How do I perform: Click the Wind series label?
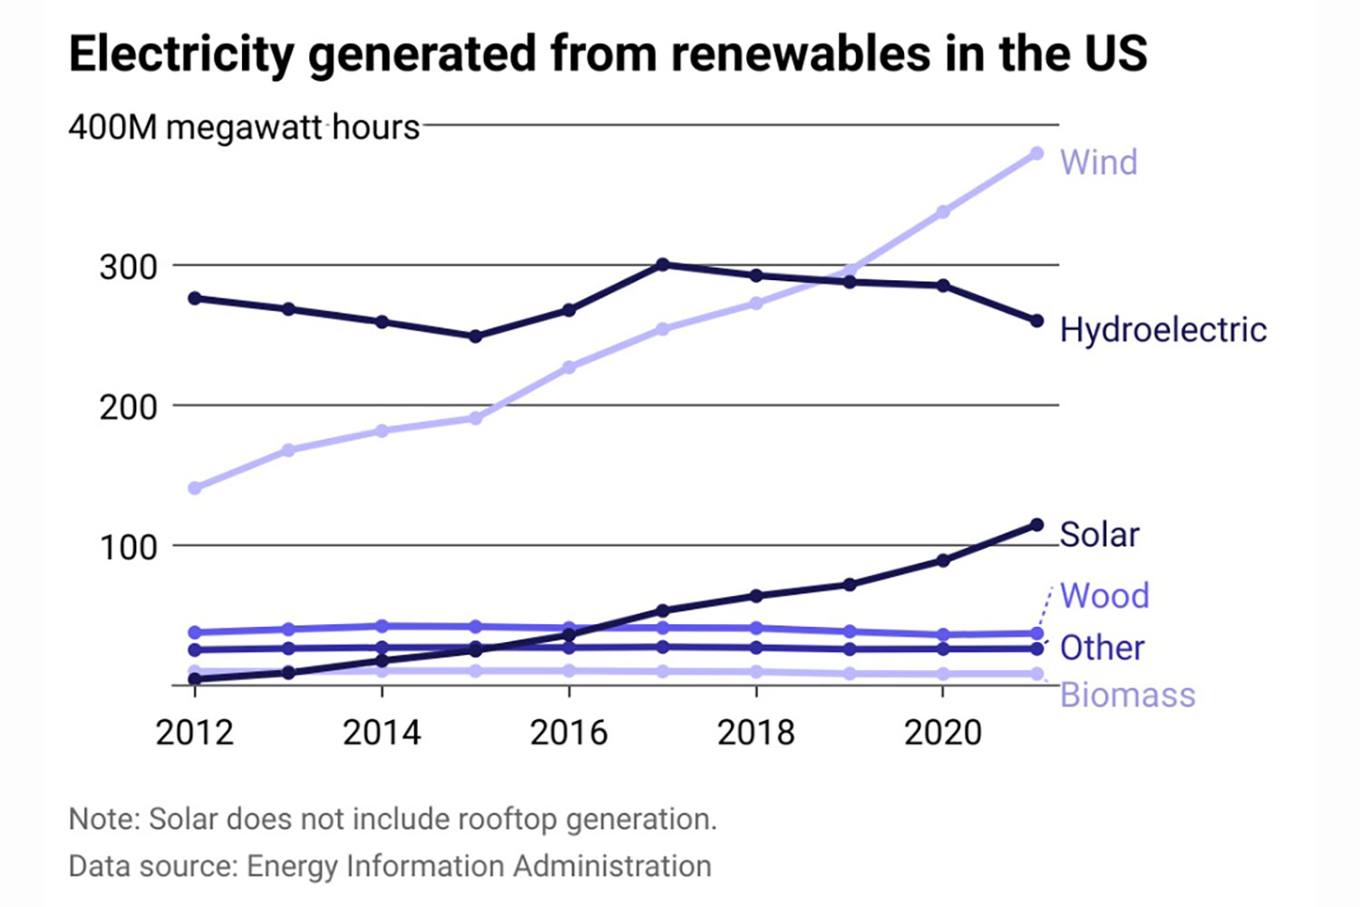(x=1098, y=162)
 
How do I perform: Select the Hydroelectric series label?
(x=1163, y=329)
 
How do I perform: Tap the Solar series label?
(x=1099, y=534)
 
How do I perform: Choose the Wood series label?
(x=1104, y=596)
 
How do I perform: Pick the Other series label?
(x=1102, y=648)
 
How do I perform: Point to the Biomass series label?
(x=1127, y=695)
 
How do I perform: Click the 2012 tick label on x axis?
(x=194, y=732)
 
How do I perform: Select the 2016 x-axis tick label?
(x=568, y=732)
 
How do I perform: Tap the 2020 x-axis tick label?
(x=943, y=732)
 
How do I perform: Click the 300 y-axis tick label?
(x=128, y=268)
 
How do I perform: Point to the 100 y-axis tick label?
(x=128, y=548)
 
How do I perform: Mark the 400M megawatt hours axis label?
(x=244, y=128)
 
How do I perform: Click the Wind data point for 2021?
(x=1036, y=153)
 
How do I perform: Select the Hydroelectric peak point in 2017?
(x=663, y=265)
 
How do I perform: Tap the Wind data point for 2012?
(x=194, y=488)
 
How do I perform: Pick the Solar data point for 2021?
(x=1036, y=525)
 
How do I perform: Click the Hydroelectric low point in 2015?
(x=475, y=336)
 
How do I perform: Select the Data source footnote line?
(x=390, y=866)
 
